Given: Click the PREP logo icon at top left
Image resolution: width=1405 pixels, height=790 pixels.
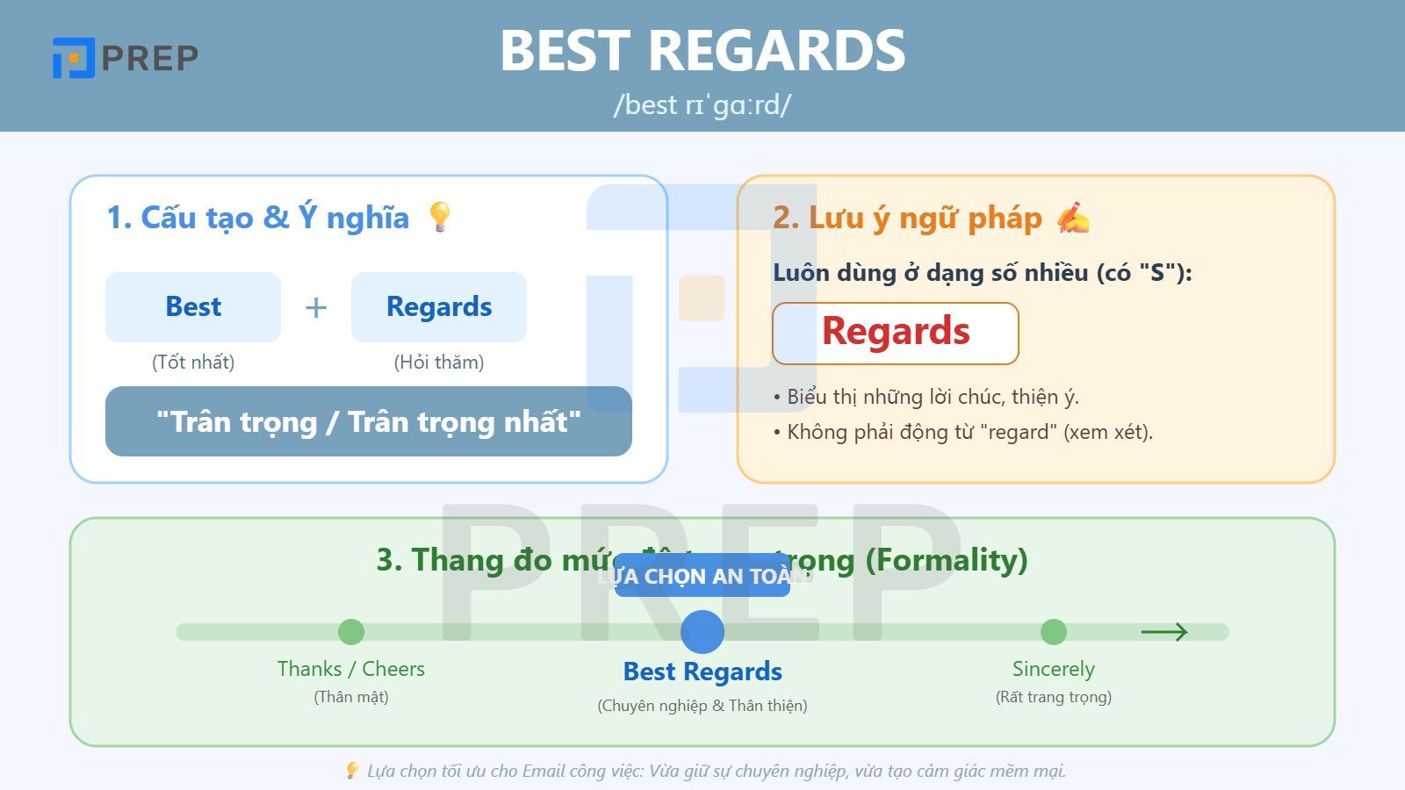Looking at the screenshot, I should tap(74, 58).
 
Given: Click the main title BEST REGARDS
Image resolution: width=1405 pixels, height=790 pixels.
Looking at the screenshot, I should tap(702, 50).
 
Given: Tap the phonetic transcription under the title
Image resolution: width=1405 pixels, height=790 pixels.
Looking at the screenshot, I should tap(702, 104).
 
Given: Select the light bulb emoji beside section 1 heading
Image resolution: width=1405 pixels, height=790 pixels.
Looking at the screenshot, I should tap(439, 217).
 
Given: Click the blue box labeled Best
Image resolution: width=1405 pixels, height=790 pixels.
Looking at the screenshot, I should tap(193, 306).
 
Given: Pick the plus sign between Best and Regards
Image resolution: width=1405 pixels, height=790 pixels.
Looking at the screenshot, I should tap(316, 308).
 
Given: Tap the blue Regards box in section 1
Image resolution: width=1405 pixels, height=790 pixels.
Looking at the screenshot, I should tap(439, 306).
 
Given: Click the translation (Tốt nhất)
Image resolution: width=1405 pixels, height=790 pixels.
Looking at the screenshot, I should tap(193, 362).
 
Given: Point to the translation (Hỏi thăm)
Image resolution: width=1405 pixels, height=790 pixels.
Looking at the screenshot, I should tap(439, 362).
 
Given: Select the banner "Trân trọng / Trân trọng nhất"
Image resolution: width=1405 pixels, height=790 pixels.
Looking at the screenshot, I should tap(369, 421).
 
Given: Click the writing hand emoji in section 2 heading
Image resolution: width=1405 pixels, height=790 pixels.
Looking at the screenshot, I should tap(1073, 218).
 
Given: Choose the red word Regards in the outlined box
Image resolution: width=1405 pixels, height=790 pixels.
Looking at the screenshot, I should tap(896, 332).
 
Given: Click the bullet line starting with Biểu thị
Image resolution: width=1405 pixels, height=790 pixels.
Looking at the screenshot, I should tap(926, 397).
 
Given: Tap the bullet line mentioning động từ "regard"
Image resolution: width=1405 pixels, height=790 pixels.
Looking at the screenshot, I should tap(963, 432).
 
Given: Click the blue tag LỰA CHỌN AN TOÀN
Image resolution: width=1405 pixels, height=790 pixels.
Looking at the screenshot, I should tap(702, 576).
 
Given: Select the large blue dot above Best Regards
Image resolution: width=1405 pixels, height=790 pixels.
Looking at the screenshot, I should tap(702, 632).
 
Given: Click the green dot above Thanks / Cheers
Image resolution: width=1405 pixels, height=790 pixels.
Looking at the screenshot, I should tap(351, 632).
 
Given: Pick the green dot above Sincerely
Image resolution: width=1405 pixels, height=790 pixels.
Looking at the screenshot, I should tap(1054, 632).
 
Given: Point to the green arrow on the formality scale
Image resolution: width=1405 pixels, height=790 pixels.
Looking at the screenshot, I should tap(1164, 632).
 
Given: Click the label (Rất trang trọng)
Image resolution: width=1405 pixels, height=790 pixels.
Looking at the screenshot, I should tap(1054, 697).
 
